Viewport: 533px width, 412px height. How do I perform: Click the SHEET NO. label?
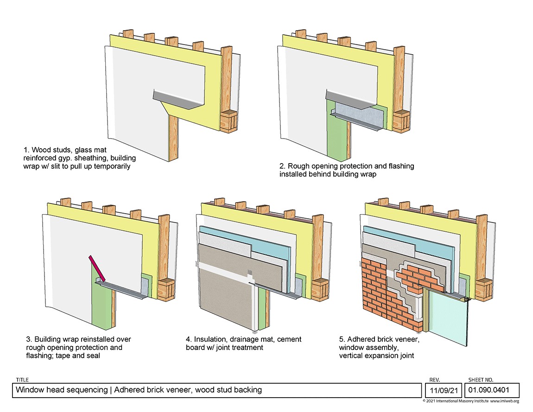(481, 380)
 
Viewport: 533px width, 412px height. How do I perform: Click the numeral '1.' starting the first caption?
(26, 150)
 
